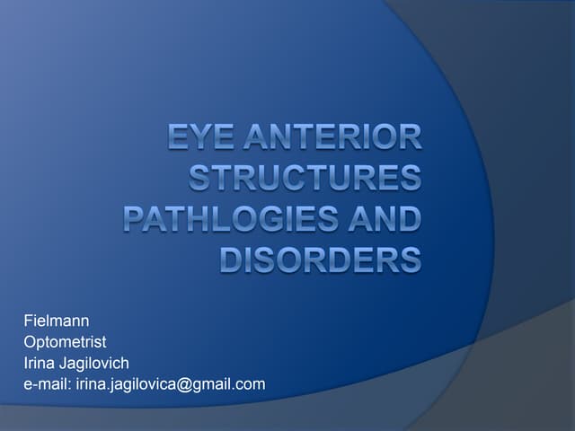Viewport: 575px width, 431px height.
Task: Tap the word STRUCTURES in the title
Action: point(305,179)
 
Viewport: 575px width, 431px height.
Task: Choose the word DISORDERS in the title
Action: point(321,259)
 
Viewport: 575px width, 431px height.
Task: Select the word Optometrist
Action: point(65,341)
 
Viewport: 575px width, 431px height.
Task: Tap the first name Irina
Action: point(40,363)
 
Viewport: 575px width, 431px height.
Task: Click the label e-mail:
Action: point(48,384)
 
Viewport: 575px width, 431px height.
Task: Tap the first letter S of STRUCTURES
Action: point(199,179)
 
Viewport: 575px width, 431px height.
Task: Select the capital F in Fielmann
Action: point(28,321)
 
